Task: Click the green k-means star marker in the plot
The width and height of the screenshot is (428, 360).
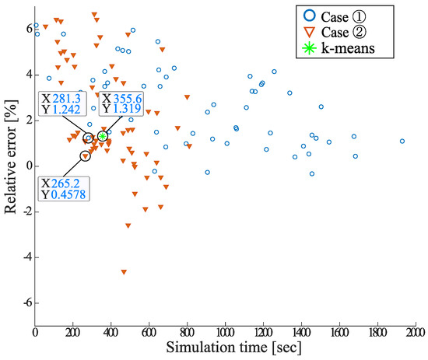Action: click(x=103, y=136)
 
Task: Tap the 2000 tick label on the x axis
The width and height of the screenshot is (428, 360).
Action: click(x=414, y=332)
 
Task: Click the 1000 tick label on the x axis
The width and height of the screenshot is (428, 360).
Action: click(x=225, y=332)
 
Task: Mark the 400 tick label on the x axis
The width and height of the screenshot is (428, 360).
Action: click(x=111, y=332)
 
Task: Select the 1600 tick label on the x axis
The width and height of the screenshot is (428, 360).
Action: click(x=339, y=332)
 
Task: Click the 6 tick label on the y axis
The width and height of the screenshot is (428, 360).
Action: click(x=26, y=30)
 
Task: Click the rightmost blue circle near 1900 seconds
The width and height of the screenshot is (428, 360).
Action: click(x=402, y=142)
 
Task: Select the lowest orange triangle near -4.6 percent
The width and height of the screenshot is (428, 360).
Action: click(x=124, y=272)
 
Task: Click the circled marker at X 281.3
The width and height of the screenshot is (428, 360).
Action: click(x=89, y=138)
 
